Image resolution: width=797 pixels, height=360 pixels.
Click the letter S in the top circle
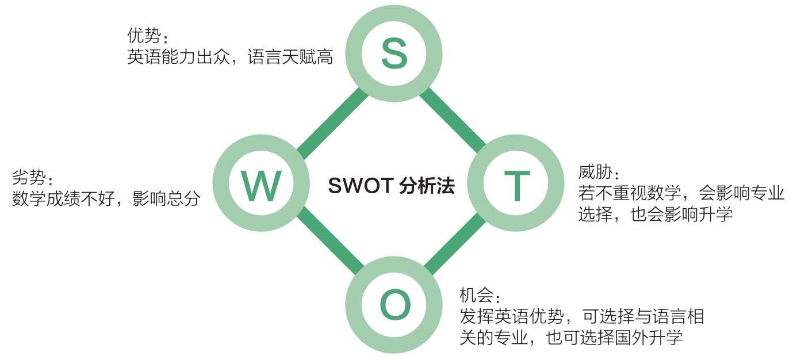(x=394, y=55)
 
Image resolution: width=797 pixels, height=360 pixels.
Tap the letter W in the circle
(x=261, y=185)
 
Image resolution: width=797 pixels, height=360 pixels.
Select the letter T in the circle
(x=516, y=185)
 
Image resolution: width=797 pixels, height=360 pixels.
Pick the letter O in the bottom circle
(x=395, y=305)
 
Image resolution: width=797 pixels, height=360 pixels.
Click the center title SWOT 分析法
(x=391, y=186)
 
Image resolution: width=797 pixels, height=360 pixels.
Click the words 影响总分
(x=166, y=199)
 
